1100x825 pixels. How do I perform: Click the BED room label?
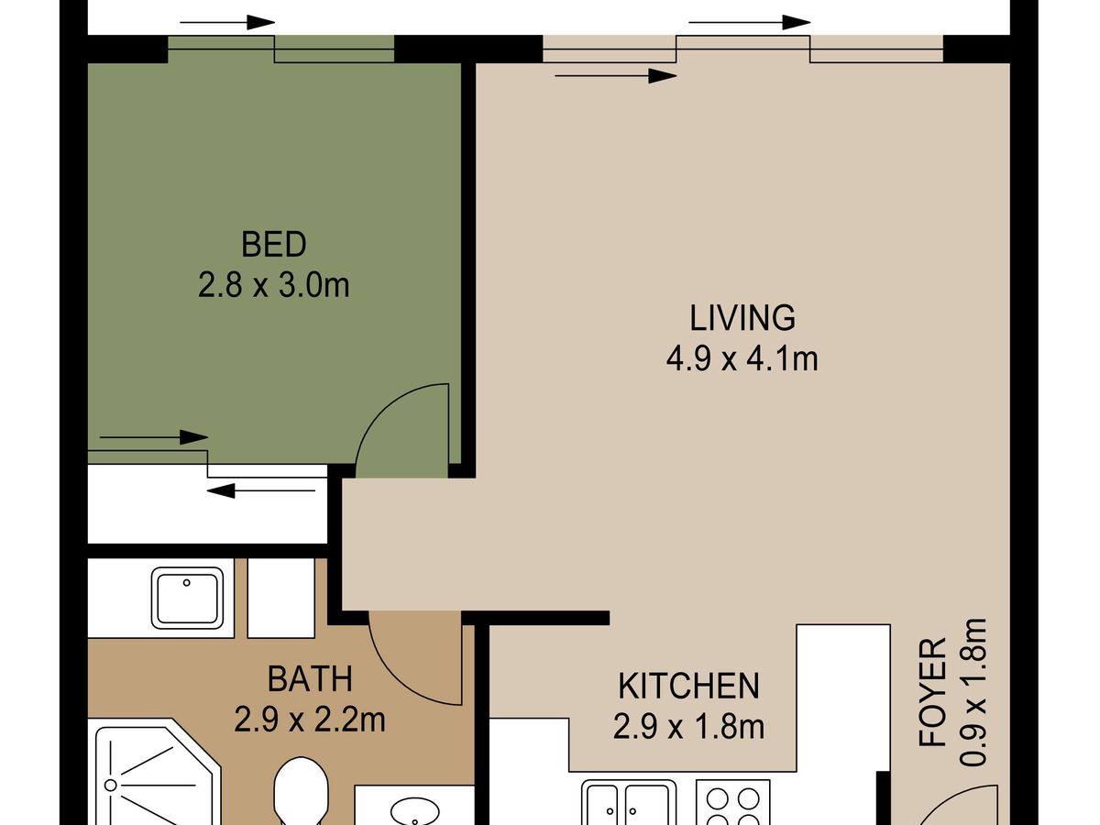point(273,245)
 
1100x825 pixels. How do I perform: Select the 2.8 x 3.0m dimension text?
point(273,285)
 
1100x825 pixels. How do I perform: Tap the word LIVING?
point(742,317)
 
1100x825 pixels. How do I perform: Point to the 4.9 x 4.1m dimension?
point(742,358)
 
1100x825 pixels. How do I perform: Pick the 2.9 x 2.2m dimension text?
point(310,720)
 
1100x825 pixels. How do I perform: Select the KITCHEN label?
point(688,686)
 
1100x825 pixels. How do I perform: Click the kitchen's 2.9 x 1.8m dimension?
point(688,727)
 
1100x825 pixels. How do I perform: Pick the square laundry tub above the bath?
point(187,598)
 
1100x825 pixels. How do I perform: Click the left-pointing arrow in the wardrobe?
point(261,490)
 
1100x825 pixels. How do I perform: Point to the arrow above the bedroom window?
point(227,23)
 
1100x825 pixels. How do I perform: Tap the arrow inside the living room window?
point(616,76)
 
